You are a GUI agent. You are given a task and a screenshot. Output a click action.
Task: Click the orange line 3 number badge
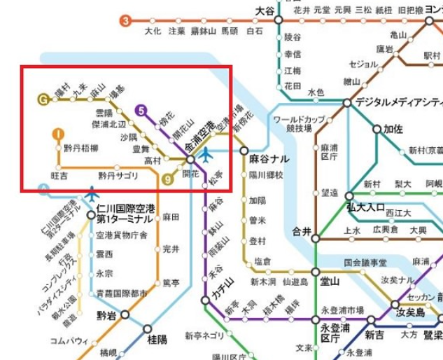click(x=125, y=20)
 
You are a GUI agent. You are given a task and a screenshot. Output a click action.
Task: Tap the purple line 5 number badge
click(x=143, y=110)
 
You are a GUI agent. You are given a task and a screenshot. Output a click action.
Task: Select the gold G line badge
click(x=44, y=99)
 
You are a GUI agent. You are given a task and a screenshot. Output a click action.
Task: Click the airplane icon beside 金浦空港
click(x=206, y=155)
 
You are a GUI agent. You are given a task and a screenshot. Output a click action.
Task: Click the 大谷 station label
click(x=265, y=11)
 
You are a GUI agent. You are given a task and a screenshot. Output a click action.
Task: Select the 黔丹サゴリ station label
click(x=118, y=175)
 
